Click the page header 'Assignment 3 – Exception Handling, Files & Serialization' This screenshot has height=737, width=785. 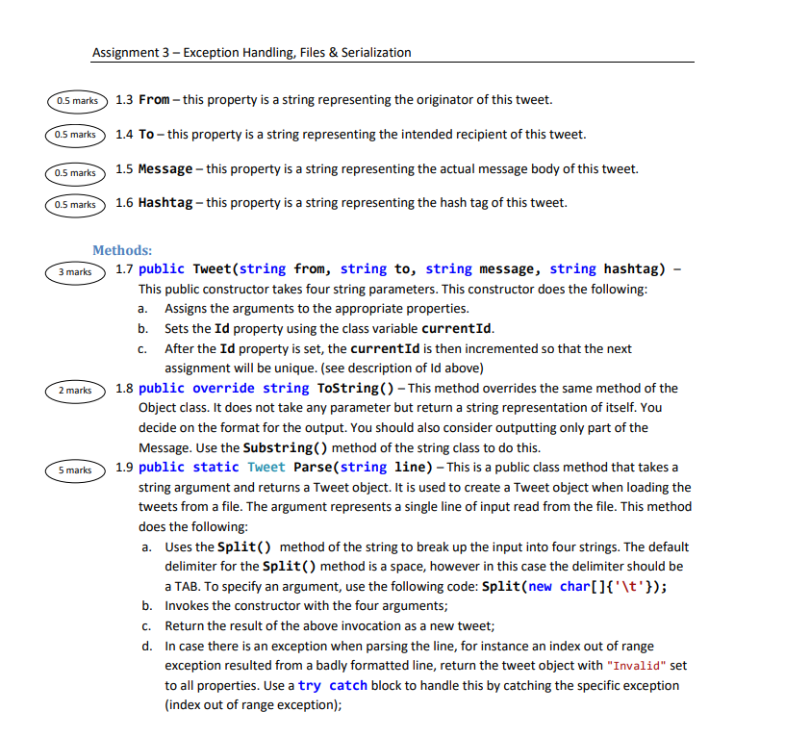coord(251,53)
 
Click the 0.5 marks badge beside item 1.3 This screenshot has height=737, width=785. coord(75,100)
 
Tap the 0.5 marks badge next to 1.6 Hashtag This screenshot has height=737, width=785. coord(75,204)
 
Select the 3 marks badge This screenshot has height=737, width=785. coord(75,272)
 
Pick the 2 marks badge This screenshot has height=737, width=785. coord(75,390)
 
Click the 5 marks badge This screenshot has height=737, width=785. coord(75,470)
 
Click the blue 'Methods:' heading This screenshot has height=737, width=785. coord(122,250)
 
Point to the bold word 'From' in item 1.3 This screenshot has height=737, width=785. coord(155,100)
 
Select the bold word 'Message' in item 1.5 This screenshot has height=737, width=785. coord(165,169)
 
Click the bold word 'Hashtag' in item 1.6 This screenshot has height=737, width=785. coord(165,203)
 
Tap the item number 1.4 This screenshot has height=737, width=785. coord(124,135)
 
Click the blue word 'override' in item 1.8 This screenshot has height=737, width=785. coord(223,389)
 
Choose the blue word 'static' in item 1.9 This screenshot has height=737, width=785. coord(215,468)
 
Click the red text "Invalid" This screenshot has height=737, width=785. coord(635,666)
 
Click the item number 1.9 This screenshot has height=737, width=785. coord(124,468)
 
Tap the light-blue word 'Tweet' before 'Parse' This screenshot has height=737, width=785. coord(266,468)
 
